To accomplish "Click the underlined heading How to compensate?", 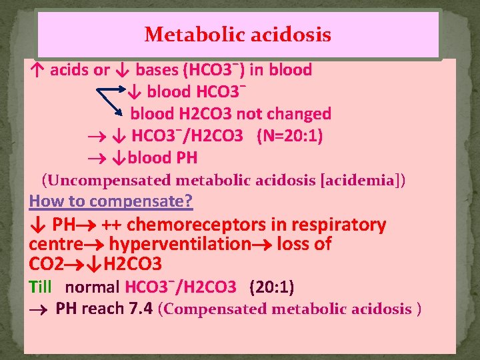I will [x=111, y=200].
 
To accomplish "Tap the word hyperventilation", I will [x=179, y=244].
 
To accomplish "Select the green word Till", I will [x=41, y=287].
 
